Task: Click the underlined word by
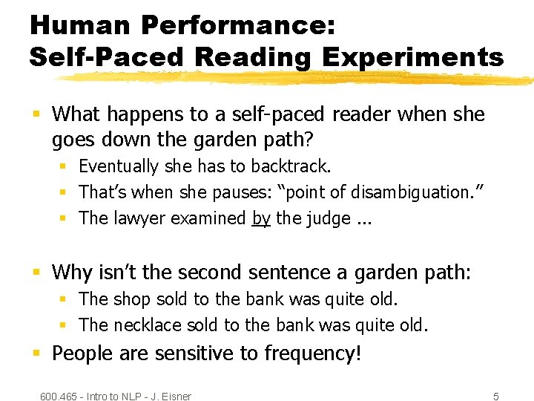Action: coord(261,218)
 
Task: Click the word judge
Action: coord(326,218)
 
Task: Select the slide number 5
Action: coord(496,397)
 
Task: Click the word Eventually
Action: coord(119,166)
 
